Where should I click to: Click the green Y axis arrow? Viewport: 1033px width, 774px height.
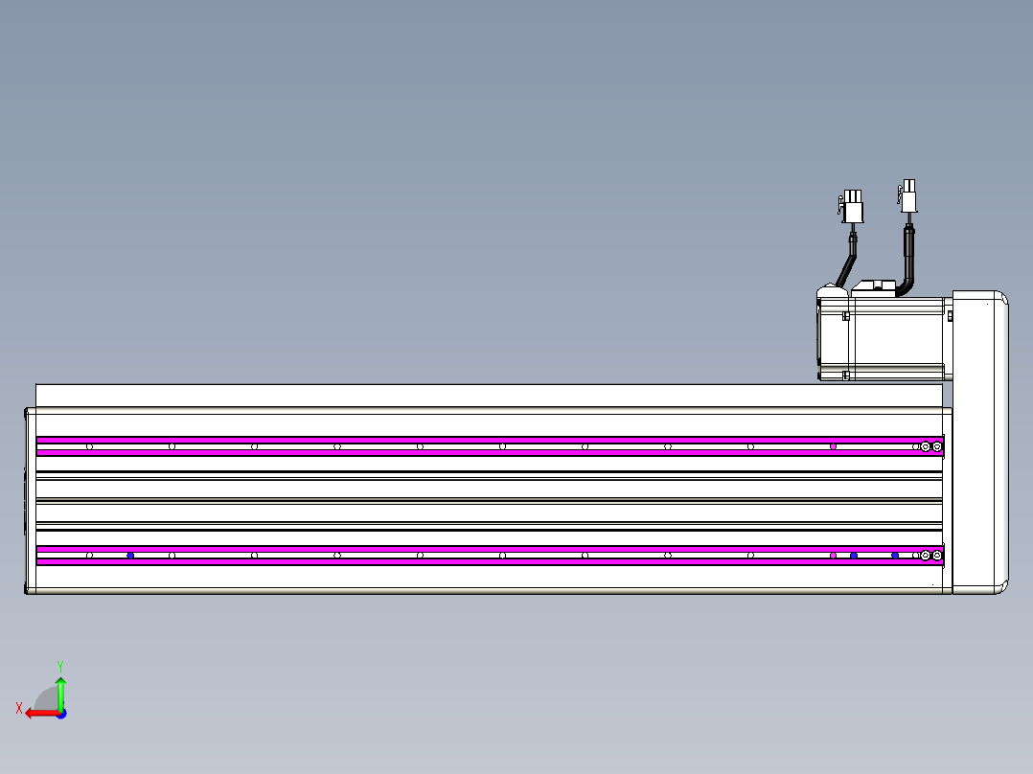pyautogui.click(x=60, y=693)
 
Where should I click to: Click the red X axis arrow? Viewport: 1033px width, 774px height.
pyautogui.click(x=42, y=713)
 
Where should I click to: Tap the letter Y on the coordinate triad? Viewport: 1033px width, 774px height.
pyautogui.click(x=60, y=666)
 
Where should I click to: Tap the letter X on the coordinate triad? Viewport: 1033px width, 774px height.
pyautogui.click(x=19, y=708)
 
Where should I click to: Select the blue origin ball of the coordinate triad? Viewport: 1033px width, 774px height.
pyautogui.click(x=61, y=714)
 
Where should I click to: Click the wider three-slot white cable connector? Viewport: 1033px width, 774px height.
pyautogui.click(x=851, y=206)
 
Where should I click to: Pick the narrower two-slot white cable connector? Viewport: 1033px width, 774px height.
pyautogui.click(x=907, y=195)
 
